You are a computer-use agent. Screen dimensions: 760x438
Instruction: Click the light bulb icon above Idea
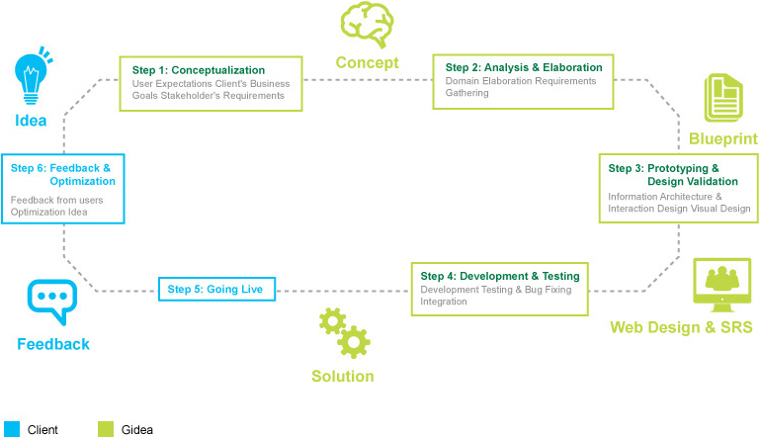[x=31, y=77]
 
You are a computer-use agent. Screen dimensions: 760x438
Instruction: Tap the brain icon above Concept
[x=367, y=25]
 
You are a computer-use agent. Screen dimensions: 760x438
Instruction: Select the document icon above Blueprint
[x=723, y=98]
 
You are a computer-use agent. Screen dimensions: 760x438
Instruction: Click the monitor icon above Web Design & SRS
[x=721, y=285]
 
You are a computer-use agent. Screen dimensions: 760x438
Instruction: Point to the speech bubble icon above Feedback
[x=52, y=302]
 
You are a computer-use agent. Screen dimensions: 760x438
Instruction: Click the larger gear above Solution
[x=354, y=342]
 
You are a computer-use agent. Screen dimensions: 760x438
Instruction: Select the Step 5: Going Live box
[x=216, y=289]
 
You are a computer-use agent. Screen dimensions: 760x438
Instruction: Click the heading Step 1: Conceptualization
[x=199, y=70]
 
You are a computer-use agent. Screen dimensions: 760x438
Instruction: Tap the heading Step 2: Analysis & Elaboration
[x=524, y=67]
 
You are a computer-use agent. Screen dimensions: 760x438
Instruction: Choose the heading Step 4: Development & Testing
[x=500, y=276]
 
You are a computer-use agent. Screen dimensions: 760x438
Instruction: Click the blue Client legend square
[x=12, y=429]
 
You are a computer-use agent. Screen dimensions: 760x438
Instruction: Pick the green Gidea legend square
[x=106, y=429]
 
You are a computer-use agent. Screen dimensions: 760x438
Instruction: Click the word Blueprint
[x=723, y=139]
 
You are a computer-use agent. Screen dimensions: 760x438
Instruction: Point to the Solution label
[x=343, y=377]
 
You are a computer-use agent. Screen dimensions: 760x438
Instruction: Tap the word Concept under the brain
[x=368, y=63]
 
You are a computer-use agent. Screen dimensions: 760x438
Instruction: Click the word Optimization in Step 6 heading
[x=82, y=181]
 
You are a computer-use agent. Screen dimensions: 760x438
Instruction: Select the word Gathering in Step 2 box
[x=466, y=93]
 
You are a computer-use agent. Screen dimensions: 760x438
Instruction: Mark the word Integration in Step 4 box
[x=444, y=302]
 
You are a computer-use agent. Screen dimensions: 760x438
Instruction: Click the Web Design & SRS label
[x=681, y=327]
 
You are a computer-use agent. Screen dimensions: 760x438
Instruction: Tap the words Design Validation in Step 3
[x=693, y=181]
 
